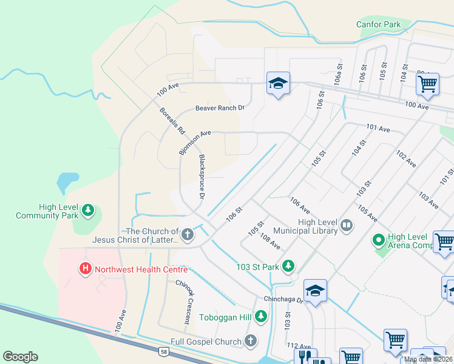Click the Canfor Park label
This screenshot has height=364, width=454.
(379, 24)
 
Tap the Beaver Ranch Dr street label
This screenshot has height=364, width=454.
(219, 109)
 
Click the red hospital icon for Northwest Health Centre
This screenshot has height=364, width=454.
(86, 268)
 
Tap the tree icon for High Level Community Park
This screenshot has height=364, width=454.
(89, 210)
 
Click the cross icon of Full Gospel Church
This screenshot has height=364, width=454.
(251, 342)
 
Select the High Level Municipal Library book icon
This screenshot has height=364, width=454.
(347, 226)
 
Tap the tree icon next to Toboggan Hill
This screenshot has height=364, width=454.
(261, 315)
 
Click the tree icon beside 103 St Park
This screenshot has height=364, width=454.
(288, 266)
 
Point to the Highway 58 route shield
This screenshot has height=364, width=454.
(163, 351)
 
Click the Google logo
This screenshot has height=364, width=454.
(20, 357)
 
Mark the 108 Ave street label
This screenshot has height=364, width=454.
(270, 242)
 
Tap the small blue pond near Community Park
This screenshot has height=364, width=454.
(67, 181)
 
